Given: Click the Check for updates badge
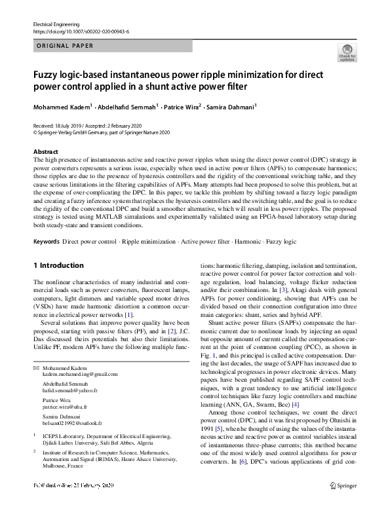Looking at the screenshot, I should coord(347,53).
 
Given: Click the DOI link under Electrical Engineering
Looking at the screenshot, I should coord(81,31).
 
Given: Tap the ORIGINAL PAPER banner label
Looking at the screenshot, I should coord(65,46).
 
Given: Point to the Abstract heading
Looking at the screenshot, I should coord(45,151).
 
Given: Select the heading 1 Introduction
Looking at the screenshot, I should coord(58,265).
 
